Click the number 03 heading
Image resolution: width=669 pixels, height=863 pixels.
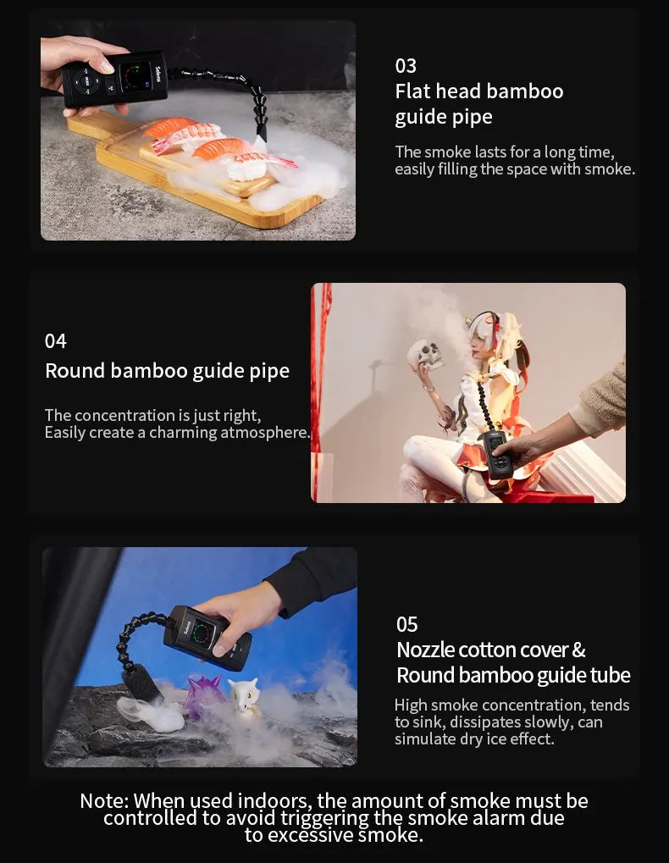pyautogui.click(x=406, y=66)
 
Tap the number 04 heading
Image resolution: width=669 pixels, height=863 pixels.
pyautogui.click(x=56, y=341)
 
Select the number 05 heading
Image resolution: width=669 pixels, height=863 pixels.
pyautogui.click(x=407, y=625)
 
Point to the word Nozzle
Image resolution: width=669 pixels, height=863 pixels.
pyautogui.click(x=425, y=650)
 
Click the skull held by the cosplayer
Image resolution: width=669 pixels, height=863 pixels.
pyautogui.click(x=425, y=354)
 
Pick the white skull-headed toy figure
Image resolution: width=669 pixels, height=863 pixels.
pyautogui.click(x=244, y=697)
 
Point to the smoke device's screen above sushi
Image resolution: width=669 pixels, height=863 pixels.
pyautogui.click(x=135, y=75)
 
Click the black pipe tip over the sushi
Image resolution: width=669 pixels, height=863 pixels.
pyautogui.click(x=262, y=133)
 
